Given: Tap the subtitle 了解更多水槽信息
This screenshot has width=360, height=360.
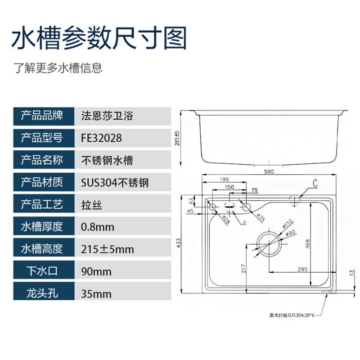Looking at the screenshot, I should pos(58,68).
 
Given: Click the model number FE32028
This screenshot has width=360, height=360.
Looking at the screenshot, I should pos(101,138).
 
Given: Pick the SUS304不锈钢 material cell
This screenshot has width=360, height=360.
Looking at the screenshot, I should pos(114,183).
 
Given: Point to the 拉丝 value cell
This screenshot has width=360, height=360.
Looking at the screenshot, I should pos(91,205).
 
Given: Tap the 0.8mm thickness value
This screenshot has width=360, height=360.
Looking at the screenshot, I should pos(97,227).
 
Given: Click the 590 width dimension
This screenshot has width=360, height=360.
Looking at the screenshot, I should pos(269,171).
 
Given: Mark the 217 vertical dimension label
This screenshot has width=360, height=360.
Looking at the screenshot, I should pos(243,269).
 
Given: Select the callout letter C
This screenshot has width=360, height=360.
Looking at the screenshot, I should pos(315,183).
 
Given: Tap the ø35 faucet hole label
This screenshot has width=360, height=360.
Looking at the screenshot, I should pos(261,217).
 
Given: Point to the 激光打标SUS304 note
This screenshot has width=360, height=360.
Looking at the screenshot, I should pos(291,316).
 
